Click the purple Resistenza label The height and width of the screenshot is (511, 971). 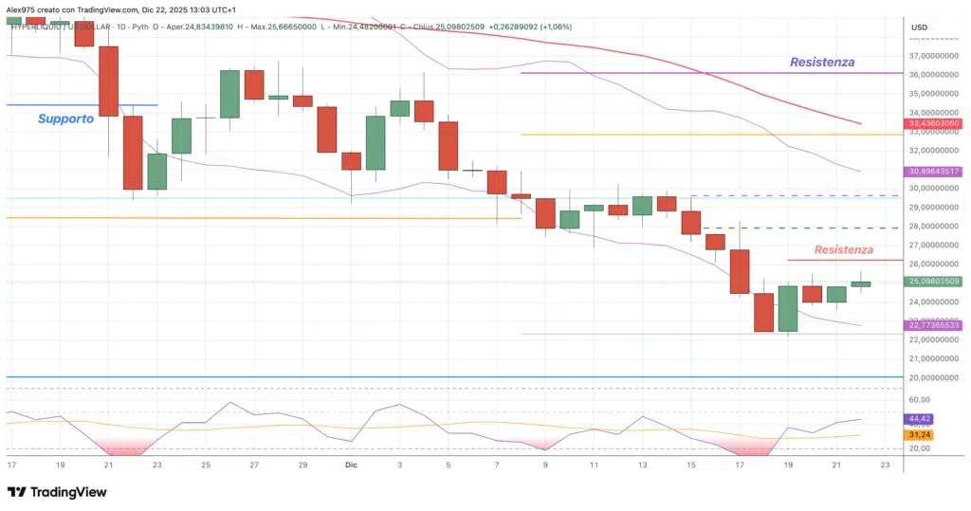[821, 62]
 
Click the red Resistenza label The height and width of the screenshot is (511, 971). [843, 249]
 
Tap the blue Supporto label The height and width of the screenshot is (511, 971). [65, 119]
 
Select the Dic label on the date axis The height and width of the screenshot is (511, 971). [351, 465]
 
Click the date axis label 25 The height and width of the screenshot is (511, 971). [205, 465]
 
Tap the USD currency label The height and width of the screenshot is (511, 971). [919, 27]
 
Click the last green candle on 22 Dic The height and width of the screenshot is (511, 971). [861, 283]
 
